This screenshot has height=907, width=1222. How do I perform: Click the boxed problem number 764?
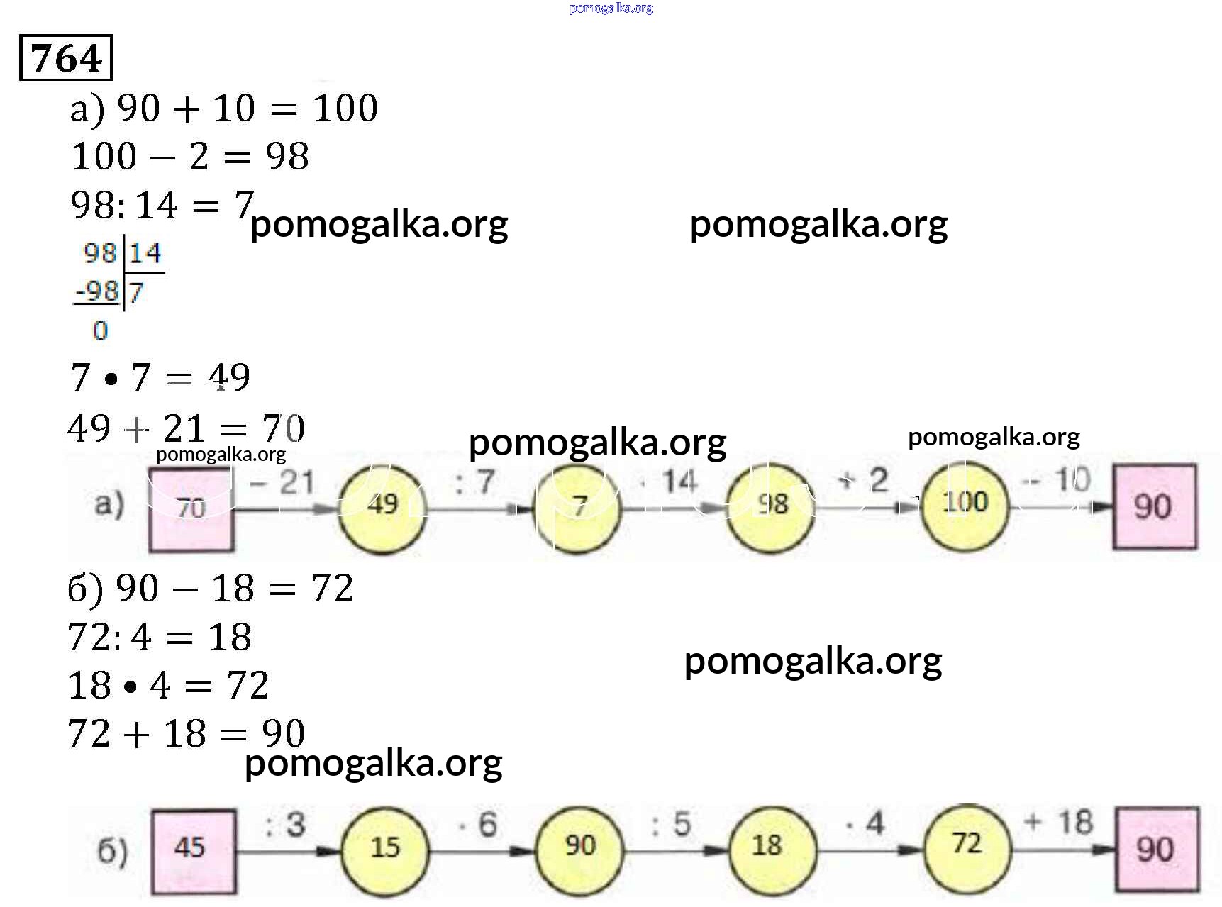pyautogui.click(x=66, y=57)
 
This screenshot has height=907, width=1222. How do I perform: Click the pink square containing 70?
pyautogui.click(x=191, y=507)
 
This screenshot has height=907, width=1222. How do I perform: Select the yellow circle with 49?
pyautogui.click(x=382, y=506)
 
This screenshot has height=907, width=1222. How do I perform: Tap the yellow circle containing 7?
pyautogui.click(x=578, y=506)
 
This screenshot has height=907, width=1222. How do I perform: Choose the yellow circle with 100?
pyautogui.click(x=965, y=503)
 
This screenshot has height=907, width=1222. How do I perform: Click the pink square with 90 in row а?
pyautogui.click(x=1154, y=506)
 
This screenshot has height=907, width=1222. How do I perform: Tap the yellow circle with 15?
pyautogui.click(x=385, y=848)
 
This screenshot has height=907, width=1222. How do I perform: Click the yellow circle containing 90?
pyautogui.click(x=579, y=846)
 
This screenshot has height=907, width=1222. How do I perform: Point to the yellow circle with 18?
pyautogui.click(x=772, y=846)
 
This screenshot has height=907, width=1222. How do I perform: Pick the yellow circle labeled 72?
pyautogui.click(x=967, y=844)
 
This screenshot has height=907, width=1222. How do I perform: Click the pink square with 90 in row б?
pyautogui.click(x=1156, y=849)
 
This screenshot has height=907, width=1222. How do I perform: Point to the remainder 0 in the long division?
pyautogui.click(x=100, y=330)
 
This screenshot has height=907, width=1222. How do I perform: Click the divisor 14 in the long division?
pyautogui.click(x=145, y=253)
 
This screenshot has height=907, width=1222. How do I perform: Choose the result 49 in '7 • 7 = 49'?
pyautogui.click(x=228, y=377)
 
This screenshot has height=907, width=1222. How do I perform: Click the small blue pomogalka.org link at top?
pyautogui.click(x=611, y=9)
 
